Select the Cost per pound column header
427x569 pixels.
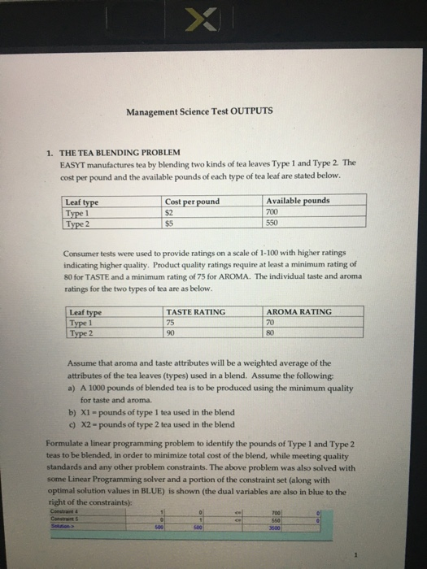click(192, 201)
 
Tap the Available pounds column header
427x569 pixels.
click(298, 201)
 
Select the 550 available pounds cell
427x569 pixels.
click(272, 220)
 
